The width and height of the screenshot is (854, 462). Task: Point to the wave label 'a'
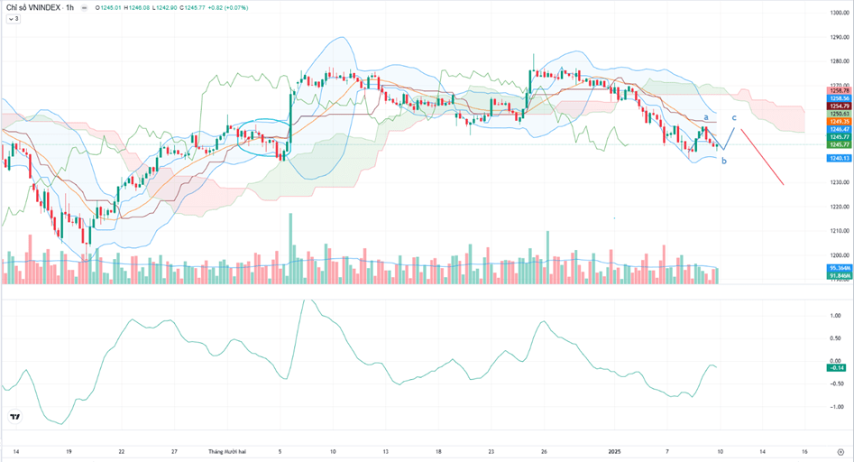click(705, 117)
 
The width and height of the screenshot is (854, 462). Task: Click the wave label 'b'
click(723, 161)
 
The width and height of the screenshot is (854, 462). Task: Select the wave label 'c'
click(733, 118)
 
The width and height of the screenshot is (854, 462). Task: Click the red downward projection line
click(763, 157)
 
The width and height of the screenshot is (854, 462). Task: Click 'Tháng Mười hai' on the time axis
click(225, 450)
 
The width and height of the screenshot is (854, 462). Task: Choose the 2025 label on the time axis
click(614, 450)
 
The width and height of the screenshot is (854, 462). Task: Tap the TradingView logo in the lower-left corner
click(14, 417)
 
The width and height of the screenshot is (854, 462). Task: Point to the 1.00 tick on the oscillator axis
click(835, 315)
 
